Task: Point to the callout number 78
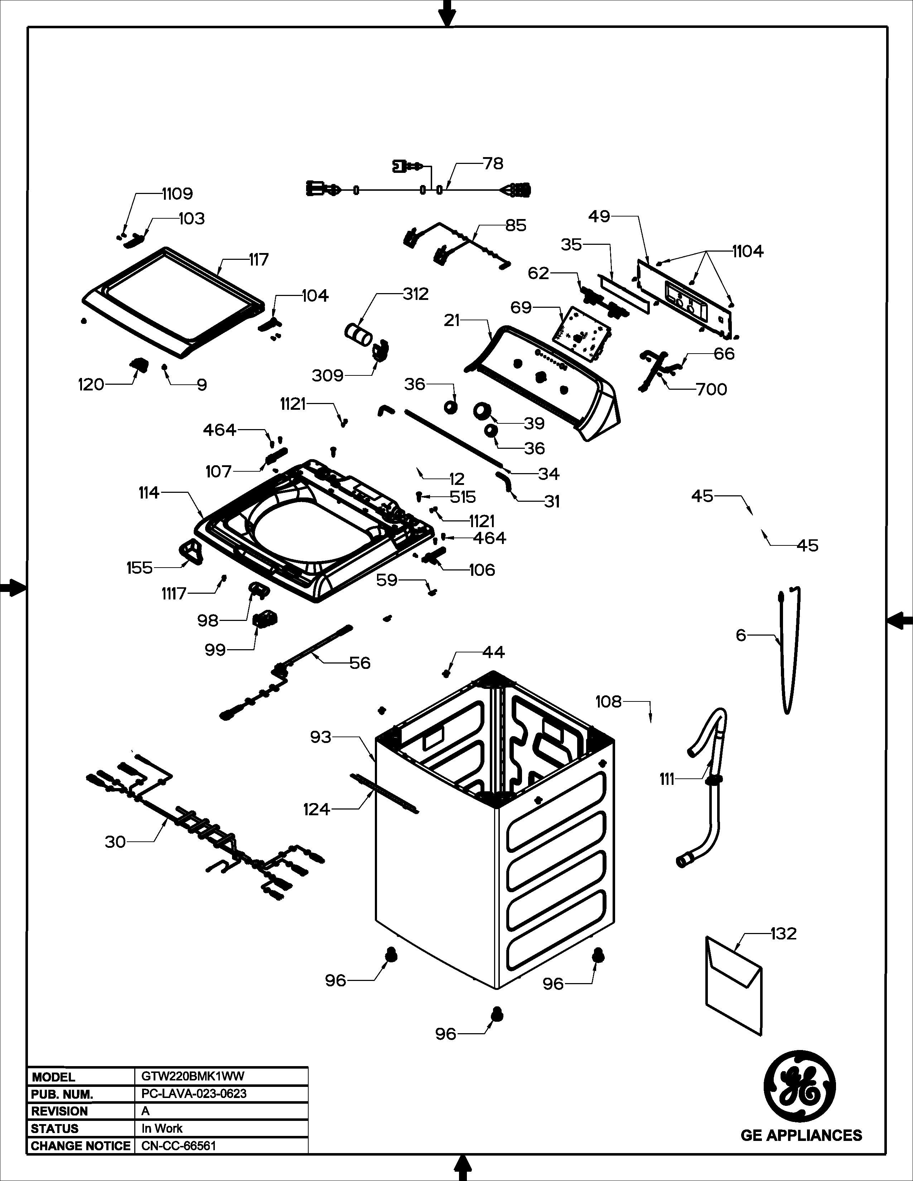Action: [x=493, y=163]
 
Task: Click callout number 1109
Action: [x=177, y=194]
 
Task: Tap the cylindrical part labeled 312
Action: [x=359, y=332]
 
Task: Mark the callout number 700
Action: [x=711, y=389]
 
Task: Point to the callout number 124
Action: [x=317, y=810]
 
